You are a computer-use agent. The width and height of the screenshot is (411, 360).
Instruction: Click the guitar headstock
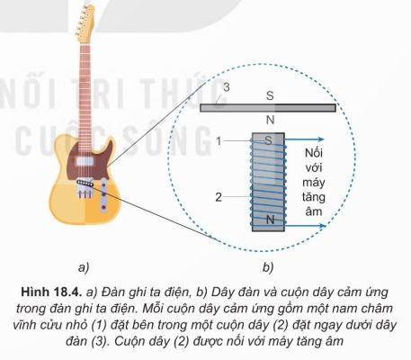coord(85,23)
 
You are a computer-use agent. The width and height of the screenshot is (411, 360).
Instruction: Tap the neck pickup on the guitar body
coord(85,161)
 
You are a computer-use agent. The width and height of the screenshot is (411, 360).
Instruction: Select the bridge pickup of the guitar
coord(85,183)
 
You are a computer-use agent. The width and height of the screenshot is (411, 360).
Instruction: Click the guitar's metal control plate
coord(103,194)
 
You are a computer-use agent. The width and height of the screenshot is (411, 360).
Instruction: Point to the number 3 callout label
coord(227,87)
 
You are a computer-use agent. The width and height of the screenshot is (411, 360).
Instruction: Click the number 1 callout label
coord(219,141)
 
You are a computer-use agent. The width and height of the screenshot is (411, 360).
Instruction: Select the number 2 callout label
coord(219,197)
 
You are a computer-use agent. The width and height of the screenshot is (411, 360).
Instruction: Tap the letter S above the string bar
coord(270,95)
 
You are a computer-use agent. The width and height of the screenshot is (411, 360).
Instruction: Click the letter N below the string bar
coord(271,120)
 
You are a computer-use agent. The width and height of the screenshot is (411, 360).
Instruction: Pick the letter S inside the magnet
coord(268,140)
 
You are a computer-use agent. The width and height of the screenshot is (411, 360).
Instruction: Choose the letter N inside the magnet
coord(271,220)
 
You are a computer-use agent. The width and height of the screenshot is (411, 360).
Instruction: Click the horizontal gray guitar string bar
coord(268,108)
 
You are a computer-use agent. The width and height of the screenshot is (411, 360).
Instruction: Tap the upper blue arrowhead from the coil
coord(321,139)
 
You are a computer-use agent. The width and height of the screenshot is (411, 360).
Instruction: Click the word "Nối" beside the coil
coord(314,153)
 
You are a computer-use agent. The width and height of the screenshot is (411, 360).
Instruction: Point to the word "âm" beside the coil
coord(314,211)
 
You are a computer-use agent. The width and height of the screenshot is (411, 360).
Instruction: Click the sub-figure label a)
coord(84,267)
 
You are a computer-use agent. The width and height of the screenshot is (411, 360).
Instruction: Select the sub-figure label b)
coord(268,267)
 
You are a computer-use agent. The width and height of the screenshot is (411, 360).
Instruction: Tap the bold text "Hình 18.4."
coord(51,292)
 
